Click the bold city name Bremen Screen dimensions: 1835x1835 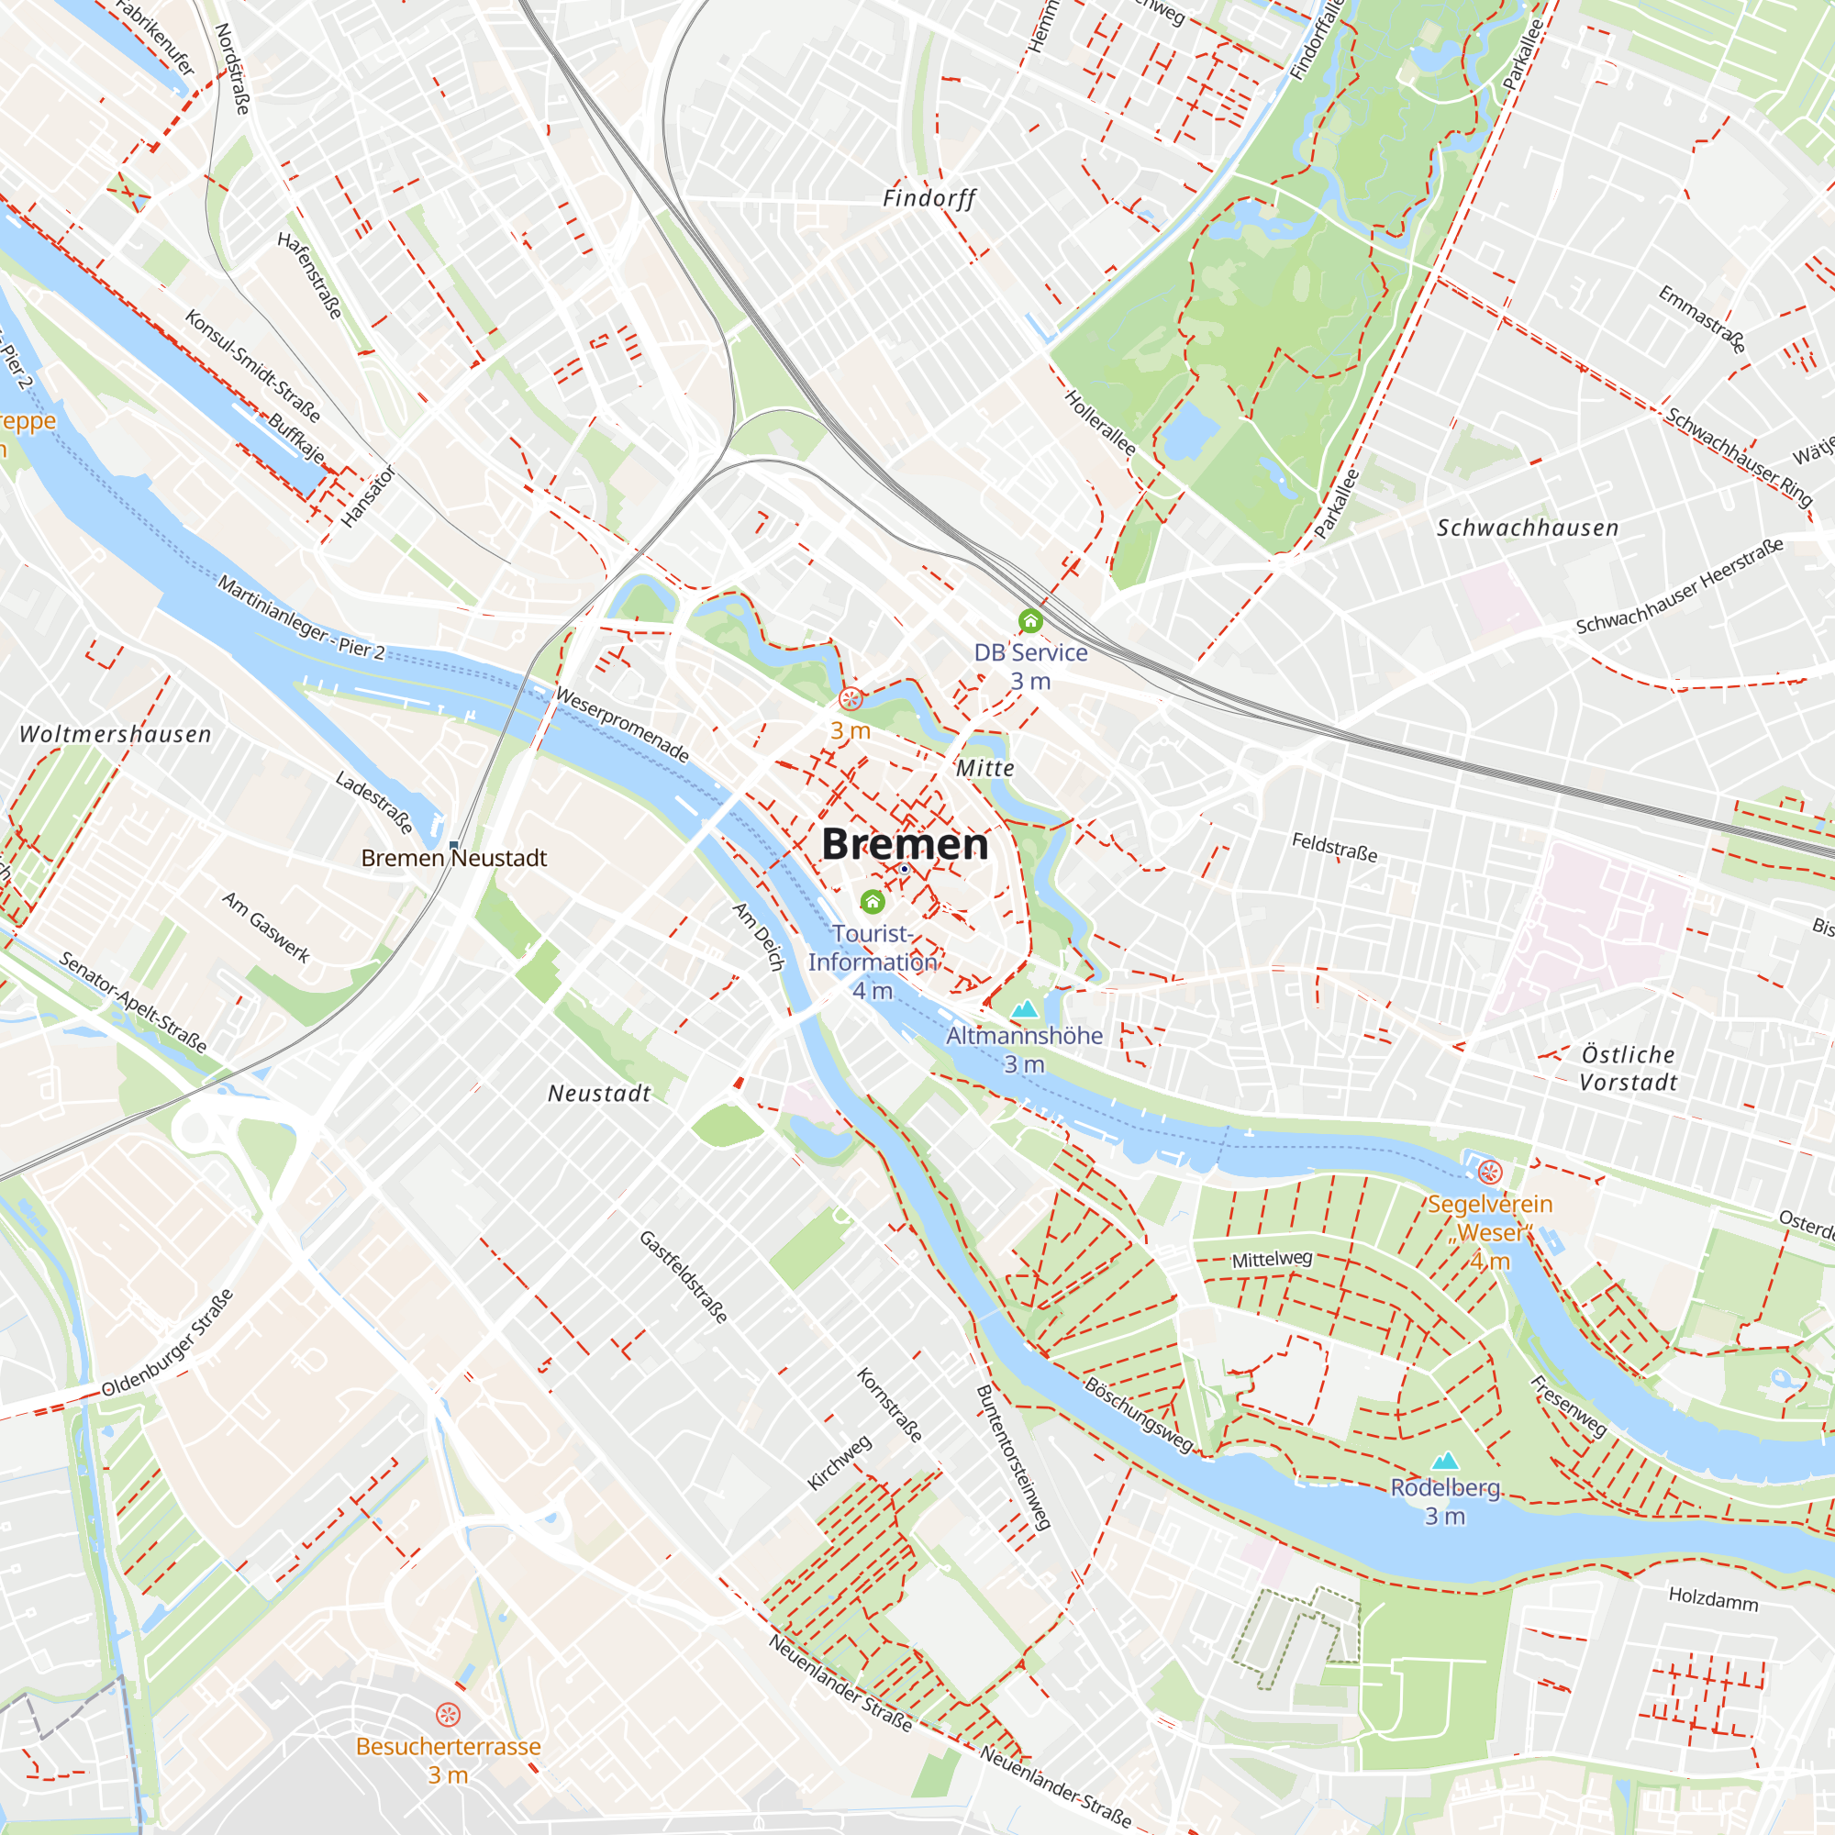pyautogui.click(x=905, y=843)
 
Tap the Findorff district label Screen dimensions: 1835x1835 pyautogui.click(x=929, y=198)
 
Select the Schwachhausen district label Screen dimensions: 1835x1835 pyautogui.click(x=1528, y=528)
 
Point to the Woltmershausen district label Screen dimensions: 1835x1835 pyautogui.click(x=116, y=734)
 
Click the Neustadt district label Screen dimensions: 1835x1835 pyautogui.click(x=599, y=1094)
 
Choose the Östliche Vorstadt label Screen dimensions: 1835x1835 pyautogui.click(x=1628, y=1069)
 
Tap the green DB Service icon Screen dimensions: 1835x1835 pyautogui.click(x=1030, y=621)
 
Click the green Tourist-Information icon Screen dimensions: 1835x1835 pyautogui.click(x=872, y=900)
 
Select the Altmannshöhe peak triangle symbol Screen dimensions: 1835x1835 pyautogui.click(x=1025, y=1008)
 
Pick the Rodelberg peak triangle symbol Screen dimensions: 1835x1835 pyautogui.click(x=1445, y=1460)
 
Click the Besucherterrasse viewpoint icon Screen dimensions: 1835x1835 pyautogui.click(x=448, y=1715)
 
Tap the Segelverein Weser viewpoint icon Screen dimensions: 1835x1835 pyautogui.click(x=1489, y=1172)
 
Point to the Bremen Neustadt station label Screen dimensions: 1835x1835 pyautogui.click(x=454, y=858)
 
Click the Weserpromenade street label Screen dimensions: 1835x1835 pyautogui.click(x=622, y=725)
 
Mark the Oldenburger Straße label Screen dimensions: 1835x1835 pyautogui.click(x=167, y=1343)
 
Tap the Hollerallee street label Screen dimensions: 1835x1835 pyautogui.click(x=1100, y=422)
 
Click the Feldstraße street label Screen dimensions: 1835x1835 pyautogui.click(x=1334, y=846)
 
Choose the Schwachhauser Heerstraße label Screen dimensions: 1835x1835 pyautogui.click(x=1679, y=586)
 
